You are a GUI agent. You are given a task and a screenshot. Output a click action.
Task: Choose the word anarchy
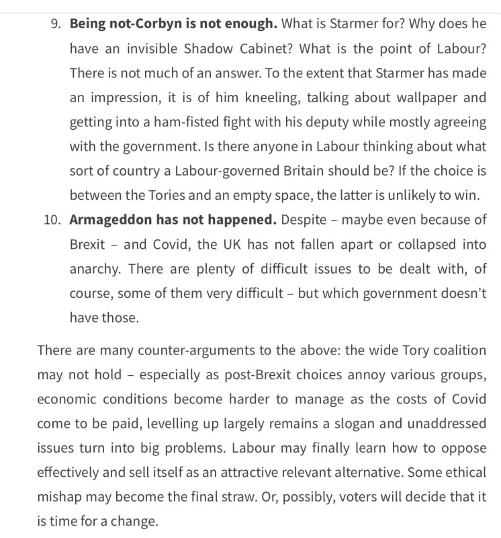pyautogui.click(x=95, y=269)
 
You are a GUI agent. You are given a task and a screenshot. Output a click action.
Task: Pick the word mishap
pyautogui.click(x=62, y=497)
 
